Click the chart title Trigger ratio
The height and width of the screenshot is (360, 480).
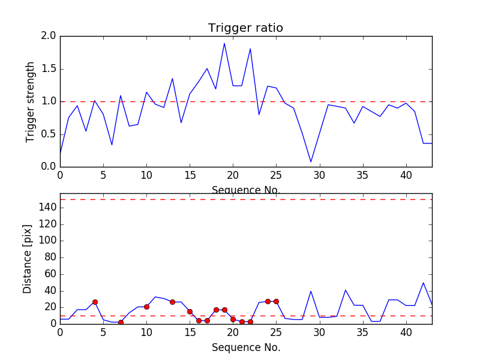pyautogui.click(x=245, y=28)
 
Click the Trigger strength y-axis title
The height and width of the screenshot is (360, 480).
pyautogui.click(x=31, y=101)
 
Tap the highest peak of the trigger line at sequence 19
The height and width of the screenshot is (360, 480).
pyautogui.click(x=224, y=43)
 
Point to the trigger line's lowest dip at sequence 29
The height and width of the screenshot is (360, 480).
pyautogui.click(x=311, y=161)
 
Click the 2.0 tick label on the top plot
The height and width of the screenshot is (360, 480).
pyautogui.click(x=49, y=36)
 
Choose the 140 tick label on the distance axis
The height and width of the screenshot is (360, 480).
pyautogui.click(x=47, y=208)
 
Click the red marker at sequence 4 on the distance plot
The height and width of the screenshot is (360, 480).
pyautogui.click(x=95, y=302)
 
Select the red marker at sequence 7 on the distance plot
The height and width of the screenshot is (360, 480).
pyautogui.click(x=121, y=322)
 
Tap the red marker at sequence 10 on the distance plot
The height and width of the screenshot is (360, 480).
pyautogui.click(x=146, y=307)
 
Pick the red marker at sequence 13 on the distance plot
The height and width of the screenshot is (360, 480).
pyautogui.click(x=172, y=302)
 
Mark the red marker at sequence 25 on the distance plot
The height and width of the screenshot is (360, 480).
pyautogui.click(x=276, y=301)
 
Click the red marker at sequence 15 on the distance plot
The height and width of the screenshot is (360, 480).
pyautogui.click(x=190, y=311)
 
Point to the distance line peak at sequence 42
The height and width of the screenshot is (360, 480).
pyautogui.click(x=423, y=283)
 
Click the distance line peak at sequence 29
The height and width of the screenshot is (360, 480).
pyautogui.click(x=311, y=291)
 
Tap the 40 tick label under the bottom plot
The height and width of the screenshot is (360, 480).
pyautogui.click(x=406, y=331)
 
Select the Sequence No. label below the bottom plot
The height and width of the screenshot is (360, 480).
pyautogui.click(x=246, y=347)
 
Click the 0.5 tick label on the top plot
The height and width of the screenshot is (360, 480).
pyautogui.click(x=49, y=134)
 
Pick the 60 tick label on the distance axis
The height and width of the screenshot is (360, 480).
pyautogui.click(x=49, y=274)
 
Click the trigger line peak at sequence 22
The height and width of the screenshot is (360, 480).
pyautogui.click(x=250, y=49)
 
